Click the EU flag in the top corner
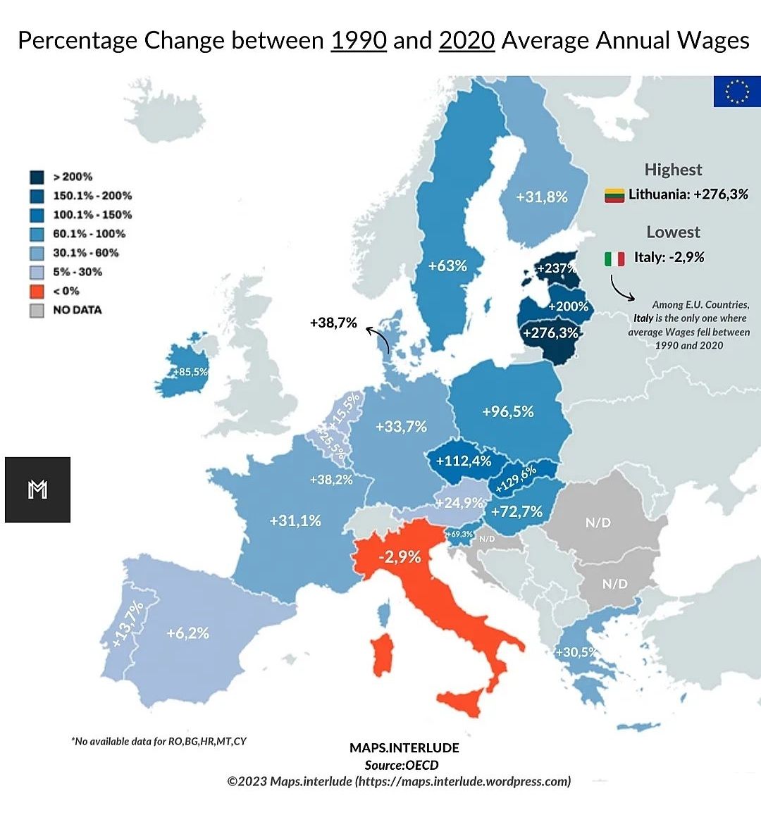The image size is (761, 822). (x=737, y=92)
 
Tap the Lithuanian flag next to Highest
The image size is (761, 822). (x=614, y=195)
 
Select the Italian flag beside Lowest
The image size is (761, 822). (x=614, y=259)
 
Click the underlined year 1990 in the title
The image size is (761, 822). (x=359, y=40)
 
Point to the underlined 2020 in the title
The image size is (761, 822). (x=466, y=40)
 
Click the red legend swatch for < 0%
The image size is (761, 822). (x=37, y=291)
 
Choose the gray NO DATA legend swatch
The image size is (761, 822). (x=37, y=310)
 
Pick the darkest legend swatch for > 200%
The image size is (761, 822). (x=37, y=177)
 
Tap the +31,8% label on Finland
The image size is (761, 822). (x=541, y=197)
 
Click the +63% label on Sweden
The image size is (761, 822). (x=447, y=266)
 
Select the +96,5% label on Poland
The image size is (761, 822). (x=507, y=411)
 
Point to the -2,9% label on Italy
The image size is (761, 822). (x=399, y=557)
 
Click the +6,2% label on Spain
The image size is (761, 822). (x=187, y=633)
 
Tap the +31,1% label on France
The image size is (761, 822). (x=295, y=521)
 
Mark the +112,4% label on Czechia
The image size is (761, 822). (x=463, y=461)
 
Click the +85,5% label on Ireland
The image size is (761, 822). (x=190, y=371)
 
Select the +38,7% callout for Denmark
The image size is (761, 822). (x=333, y=323)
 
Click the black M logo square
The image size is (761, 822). (x=37, y=490)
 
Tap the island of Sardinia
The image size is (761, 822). (x=383, y=654)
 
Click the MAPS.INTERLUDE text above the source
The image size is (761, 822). (x=404, y=747)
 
